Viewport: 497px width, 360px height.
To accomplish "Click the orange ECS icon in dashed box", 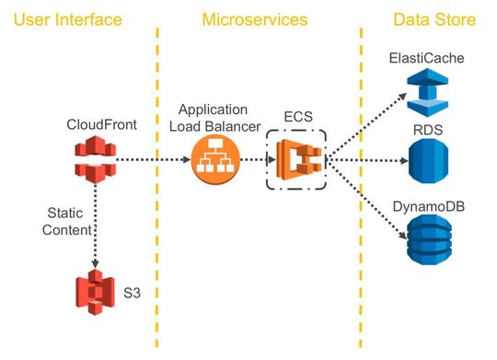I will pos(296,159).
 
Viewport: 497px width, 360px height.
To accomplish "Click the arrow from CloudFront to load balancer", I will pos(152,158).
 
